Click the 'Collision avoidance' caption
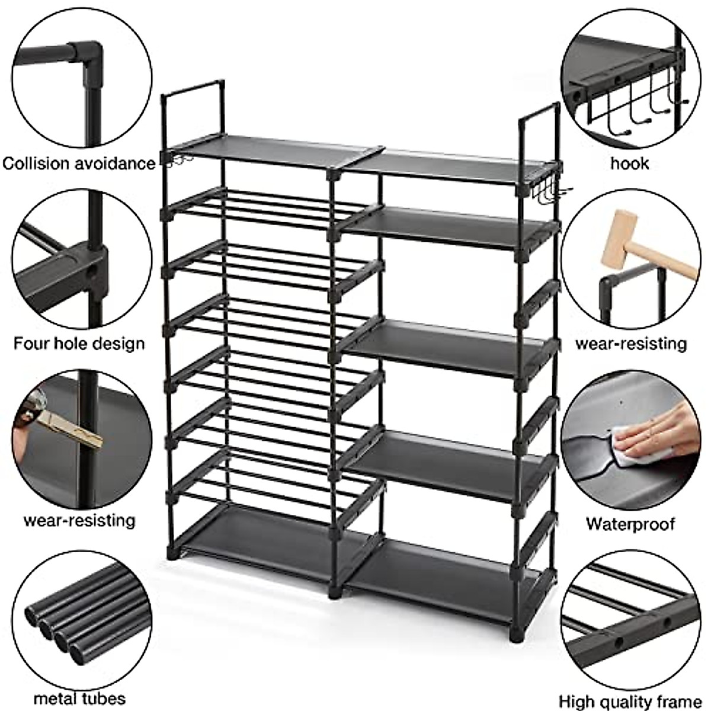[x=78, y=163]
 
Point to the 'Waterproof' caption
[x=630, y=524]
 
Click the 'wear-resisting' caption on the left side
[x=79, y=520]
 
